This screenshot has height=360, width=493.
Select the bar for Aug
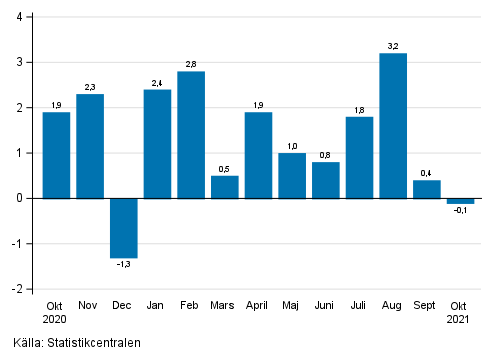[x=393, y=126]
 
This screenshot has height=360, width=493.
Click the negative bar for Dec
[x=124, y=228]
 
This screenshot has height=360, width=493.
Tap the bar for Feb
[x=191, y=135]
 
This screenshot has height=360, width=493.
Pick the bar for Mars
[x=225, y=187]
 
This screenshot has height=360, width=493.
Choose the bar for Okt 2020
[x=57, y=155]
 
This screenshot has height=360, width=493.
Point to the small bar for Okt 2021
[x=460, y=201]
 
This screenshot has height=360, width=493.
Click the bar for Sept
[x=427, y=189]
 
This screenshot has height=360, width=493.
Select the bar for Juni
[x=326, y=180]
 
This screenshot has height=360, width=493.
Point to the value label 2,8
[x=191, y=63]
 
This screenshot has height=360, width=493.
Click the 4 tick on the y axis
[x=21, y=17]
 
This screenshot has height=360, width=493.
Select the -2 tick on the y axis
[x=19, y=289]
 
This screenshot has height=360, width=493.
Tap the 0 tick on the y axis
[x=21, y=198]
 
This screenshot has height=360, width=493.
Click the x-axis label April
[x=258, y=305]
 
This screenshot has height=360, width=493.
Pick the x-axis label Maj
[x=292, y=305]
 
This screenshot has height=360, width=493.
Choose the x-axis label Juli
[x=359, y=305]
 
